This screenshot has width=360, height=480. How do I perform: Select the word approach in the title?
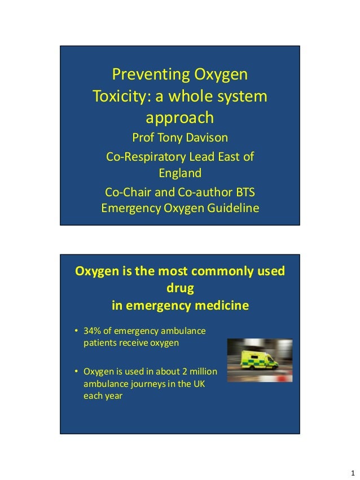(x=180, y=117)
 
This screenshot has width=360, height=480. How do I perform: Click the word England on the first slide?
(x=180, y=173)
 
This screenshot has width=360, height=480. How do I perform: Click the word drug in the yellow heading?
(x=180, y=289)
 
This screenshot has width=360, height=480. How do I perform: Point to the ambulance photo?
(x=260, y=360)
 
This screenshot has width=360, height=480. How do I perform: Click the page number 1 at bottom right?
(x=352, y=472)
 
